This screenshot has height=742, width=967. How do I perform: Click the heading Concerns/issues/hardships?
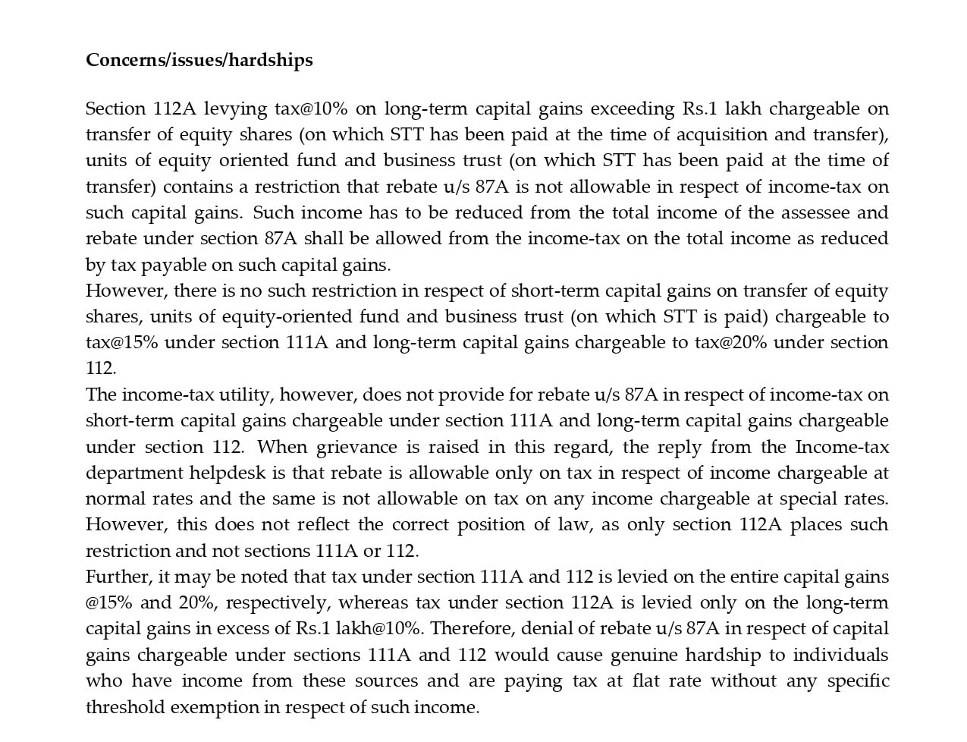click(199, 60)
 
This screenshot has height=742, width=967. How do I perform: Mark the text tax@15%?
click(121, 343)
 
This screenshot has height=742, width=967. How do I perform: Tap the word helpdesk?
click(227, 473)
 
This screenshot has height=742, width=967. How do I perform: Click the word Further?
click(118, 577)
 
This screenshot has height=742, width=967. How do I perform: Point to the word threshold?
click(124, 707)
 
